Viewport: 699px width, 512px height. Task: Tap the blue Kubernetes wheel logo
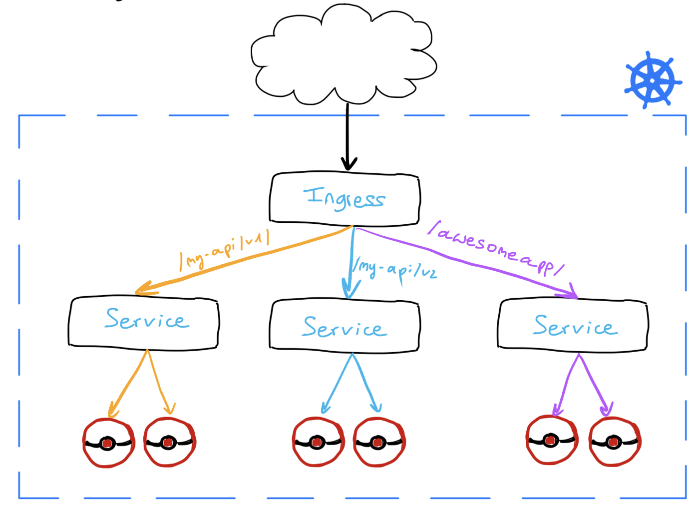tap(652, 80)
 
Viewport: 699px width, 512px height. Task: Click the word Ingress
tap(345, 198)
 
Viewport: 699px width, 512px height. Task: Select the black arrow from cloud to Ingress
tap(348, 135)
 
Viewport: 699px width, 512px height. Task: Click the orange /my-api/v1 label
tap(225, 249)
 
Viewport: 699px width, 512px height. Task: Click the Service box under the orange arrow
tap(144, 322)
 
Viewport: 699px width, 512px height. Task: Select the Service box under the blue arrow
tap(345, 326)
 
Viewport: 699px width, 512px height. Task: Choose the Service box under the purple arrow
tap(573, 325)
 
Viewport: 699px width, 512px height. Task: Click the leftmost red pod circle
tap(108, 443)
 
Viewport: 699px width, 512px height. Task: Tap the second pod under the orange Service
tap(169, 443)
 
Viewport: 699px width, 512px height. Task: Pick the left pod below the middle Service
tap(318, 442)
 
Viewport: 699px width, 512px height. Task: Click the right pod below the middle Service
tap(379, 443)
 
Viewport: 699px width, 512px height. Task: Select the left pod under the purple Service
tap(551, 440)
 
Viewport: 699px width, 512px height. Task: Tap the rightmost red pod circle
tap(614, 442)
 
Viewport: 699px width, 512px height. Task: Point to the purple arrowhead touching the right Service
tap(572, 293)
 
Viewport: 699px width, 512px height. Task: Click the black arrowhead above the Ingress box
tap(349, 164)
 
